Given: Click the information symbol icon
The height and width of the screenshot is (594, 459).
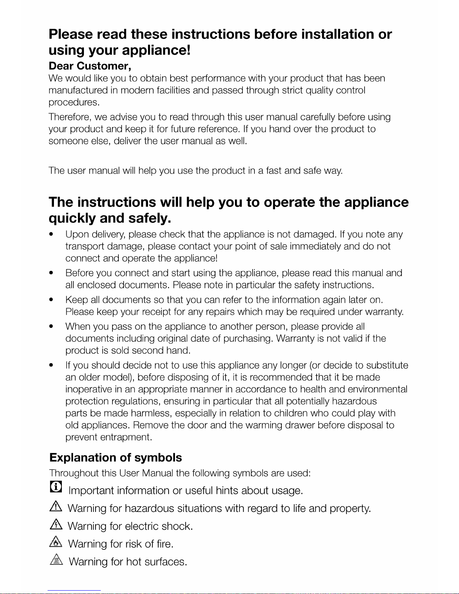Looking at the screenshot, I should [x=56, y=487].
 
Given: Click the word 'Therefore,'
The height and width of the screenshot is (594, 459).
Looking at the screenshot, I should [x=70, y=117].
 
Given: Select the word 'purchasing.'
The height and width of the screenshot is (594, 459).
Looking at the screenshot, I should [x=248, y=339].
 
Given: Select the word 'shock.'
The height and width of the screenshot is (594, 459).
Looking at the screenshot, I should [x=177, y=526].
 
